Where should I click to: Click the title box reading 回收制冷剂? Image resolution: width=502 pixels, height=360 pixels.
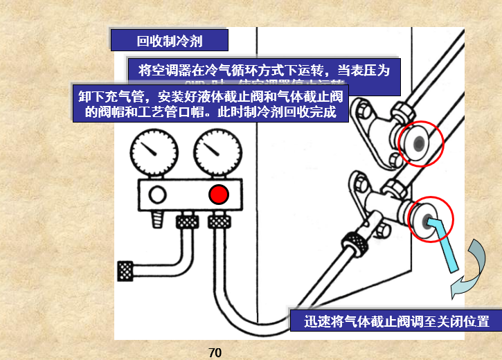pyautogui.click(x=169, y=41)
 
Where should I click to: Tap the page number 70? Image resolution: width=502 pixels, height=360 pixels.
pyautogui.click(x=215, y=352)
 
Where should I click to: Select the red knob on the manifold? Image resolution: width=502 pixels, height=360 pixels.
pyautogui.click(x=219, y=195)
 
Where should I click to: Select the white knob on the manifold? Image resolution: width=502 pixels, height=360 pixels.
pyautogui.click(x=157, y=195)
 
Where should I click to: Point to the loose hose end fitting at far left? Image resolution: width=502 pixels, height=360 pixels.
pyautogui.click(x=126, y=270)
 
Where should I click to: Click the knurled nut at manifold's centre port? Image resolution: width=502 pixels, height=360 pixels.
pyautogui.click(x=186, y=222)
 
